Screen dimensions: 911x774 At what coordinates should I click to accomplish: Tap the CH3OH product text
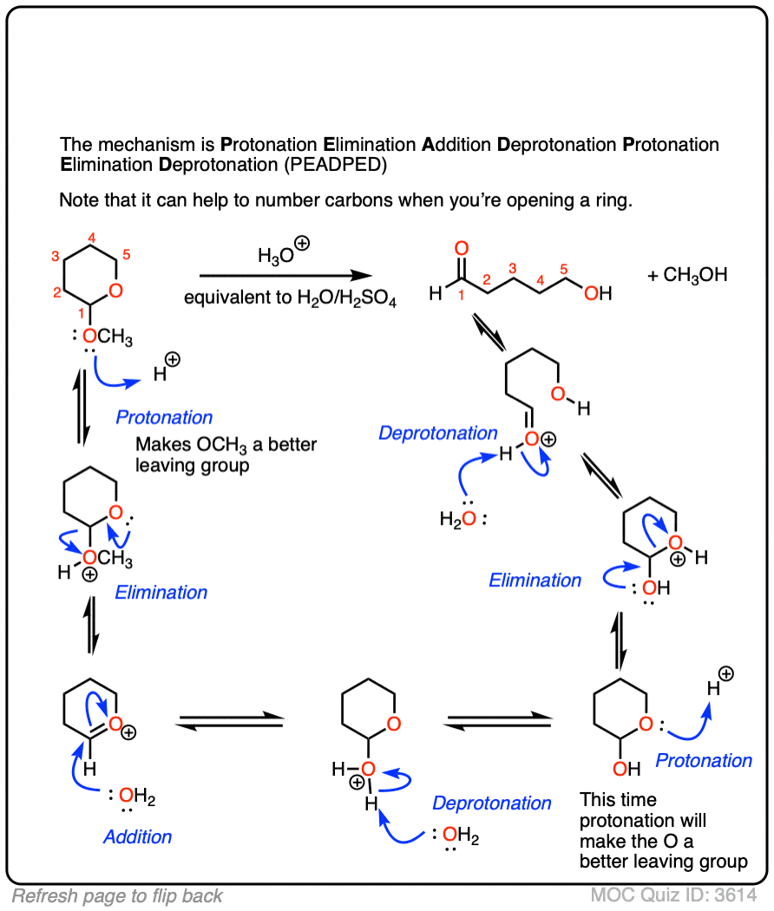point(686,276)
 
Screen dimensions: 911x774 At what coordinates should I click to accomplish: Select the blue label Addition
point(137,836)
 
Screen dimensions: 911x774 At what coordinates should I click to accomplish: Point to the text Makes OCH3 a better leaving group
point(226,455)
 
